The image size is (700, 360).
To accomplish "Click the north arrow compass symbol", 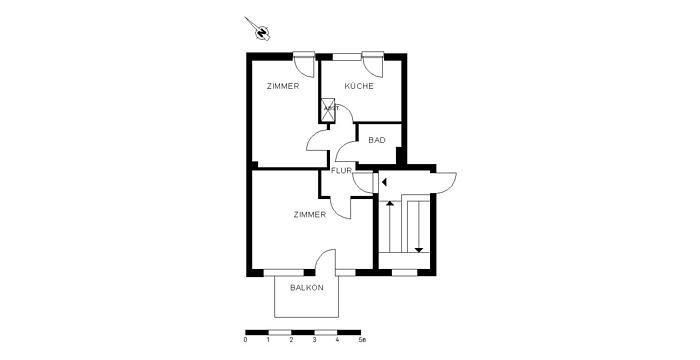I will pyautogui.click(x=260, y=32).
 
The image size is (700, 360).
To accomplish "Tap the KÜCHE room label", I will pyautogui.click(x=359, y=87).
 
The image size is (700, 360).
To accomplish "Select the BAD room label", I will pyautogui.click(x=376, y=140).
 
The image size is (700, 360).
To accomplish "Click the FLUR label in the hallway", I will pyautogui.click(x=341, y=171).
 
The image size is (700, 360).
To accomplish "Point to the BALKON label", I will pyautogui.click(x=306, y=288).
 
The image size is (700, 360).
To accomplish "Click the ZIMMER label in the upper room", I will pyautogui.click(x=282, y=87).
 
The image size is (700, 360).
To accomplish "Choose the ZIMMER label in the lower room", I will pyautogui.click(x=309, y=214).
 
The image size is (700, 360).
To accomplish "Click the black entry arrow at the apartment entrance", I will pyautogui.click(x=384, y=182).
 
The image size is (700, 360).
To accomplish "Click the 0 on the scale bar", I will pyautogui.click(x=246, y=340).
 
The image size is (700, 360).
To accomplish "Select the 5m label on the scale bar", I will pyautogui.click(x=362, y=340).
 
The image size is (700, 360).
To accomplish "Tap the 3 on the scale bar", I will pyautogui.click(x=315, y=340).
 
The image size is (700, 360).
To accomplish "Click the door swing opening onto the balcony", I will pyautogui.click(x=325, y=262).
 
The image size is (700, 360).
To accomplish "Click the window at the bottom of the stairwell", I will pyautogui.click(x=404, y=272).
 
